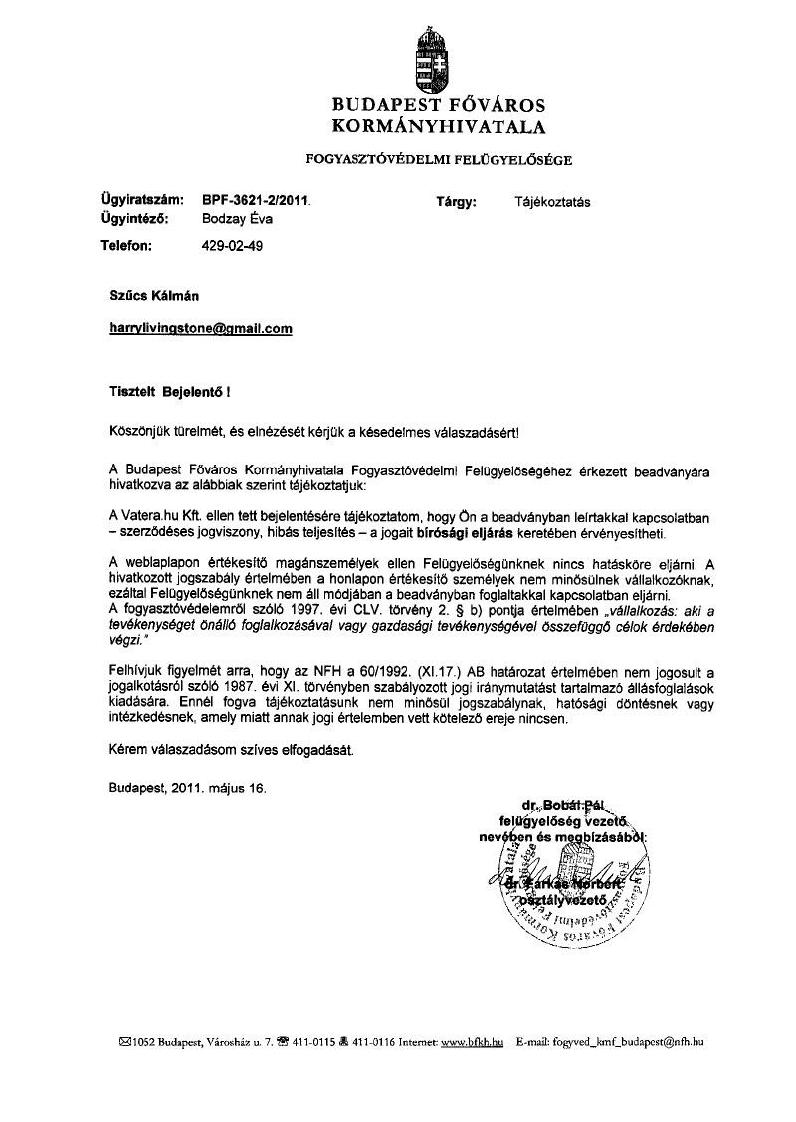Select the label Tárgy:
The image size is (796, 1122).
click(x=457, y=201)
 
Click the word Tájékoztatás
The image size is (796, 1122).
click(x=552, y=201)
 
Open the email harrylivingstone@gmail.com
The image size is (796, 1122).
click(x=200, y=327)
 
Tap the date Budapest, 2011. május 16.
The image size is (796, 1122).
click(x=188, y=788)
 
